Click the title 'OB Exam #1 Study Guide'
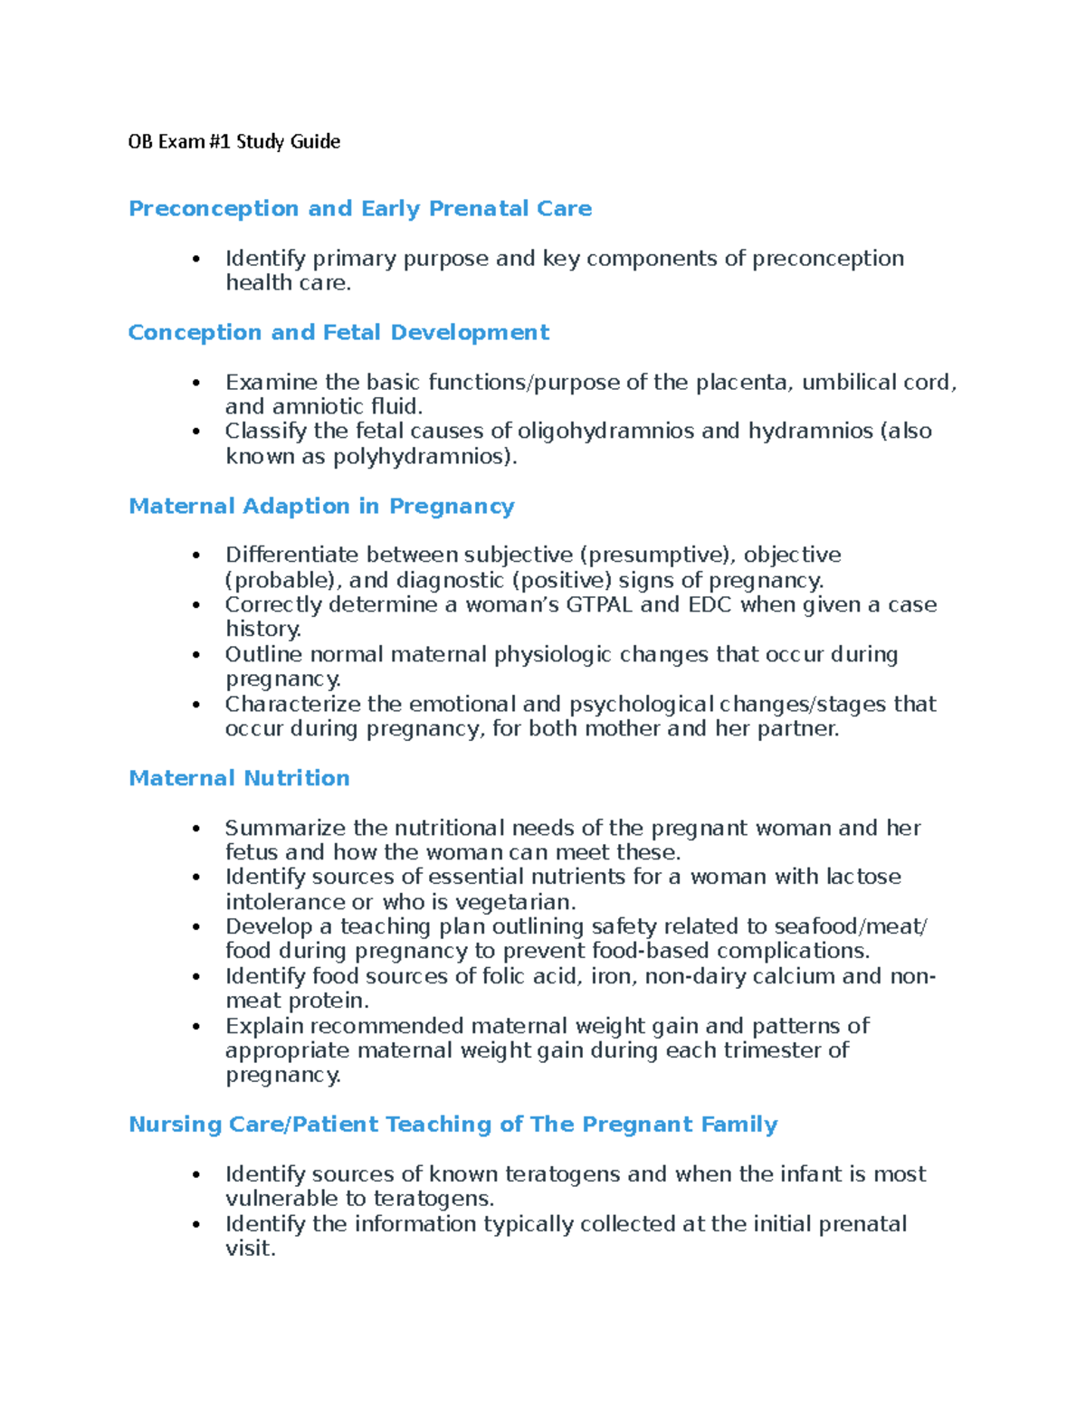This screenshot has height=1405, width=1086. click(233, 141)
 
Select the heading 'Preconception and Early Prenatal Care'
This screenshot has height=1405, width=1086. click(360, 209)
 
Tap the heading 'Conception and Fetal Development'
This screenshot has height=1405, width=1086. click(338, 333)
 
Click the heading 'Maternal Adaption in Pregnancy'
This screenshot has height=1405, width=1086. click(321, 507)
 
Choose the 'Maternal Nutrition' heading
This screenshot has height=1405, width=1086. click(239, 779)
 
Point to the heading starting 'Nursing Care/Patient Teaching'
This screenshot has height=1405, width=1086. click(452, 1125)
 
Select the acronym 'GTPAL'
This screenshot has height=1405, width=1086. click(599, 604)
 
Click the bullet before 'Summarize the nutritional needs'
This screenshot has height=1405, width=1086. click(195, 829)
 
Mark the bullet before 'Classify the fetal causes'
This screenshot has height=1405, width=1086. click(195, 432)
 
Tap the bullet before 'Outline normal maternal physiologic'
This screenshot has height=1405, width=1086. click(195, 655)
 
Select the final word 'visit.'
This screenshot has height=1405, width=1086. click(250, 1248)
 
